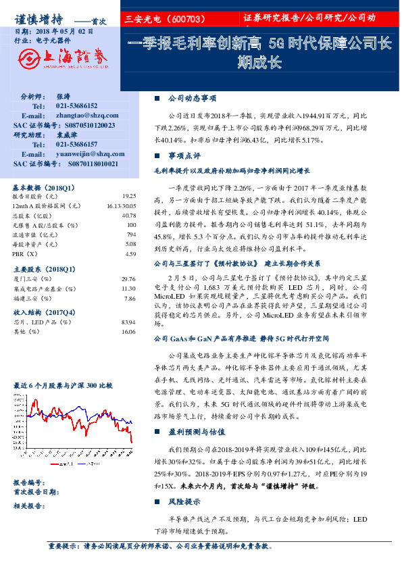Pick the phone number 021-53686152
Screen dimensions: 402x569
[x=76, y=107]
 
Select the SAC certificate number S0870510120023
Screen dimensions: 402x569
[x=85, y=126]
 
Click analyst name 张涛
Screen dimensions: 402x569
[x=63, y=97]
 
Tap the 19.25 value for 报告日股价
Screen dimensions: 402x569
[x=130, y=195]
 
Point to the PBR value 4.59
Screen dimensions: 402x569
[x=130, y=253]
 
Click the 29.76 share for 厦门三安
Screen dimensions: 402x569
[x=128, y=278]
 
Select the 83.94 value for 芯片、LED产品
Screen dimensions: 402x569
[x=128, y=323]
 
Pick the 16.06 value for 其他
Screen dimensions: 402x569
[x=128, y=332]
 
